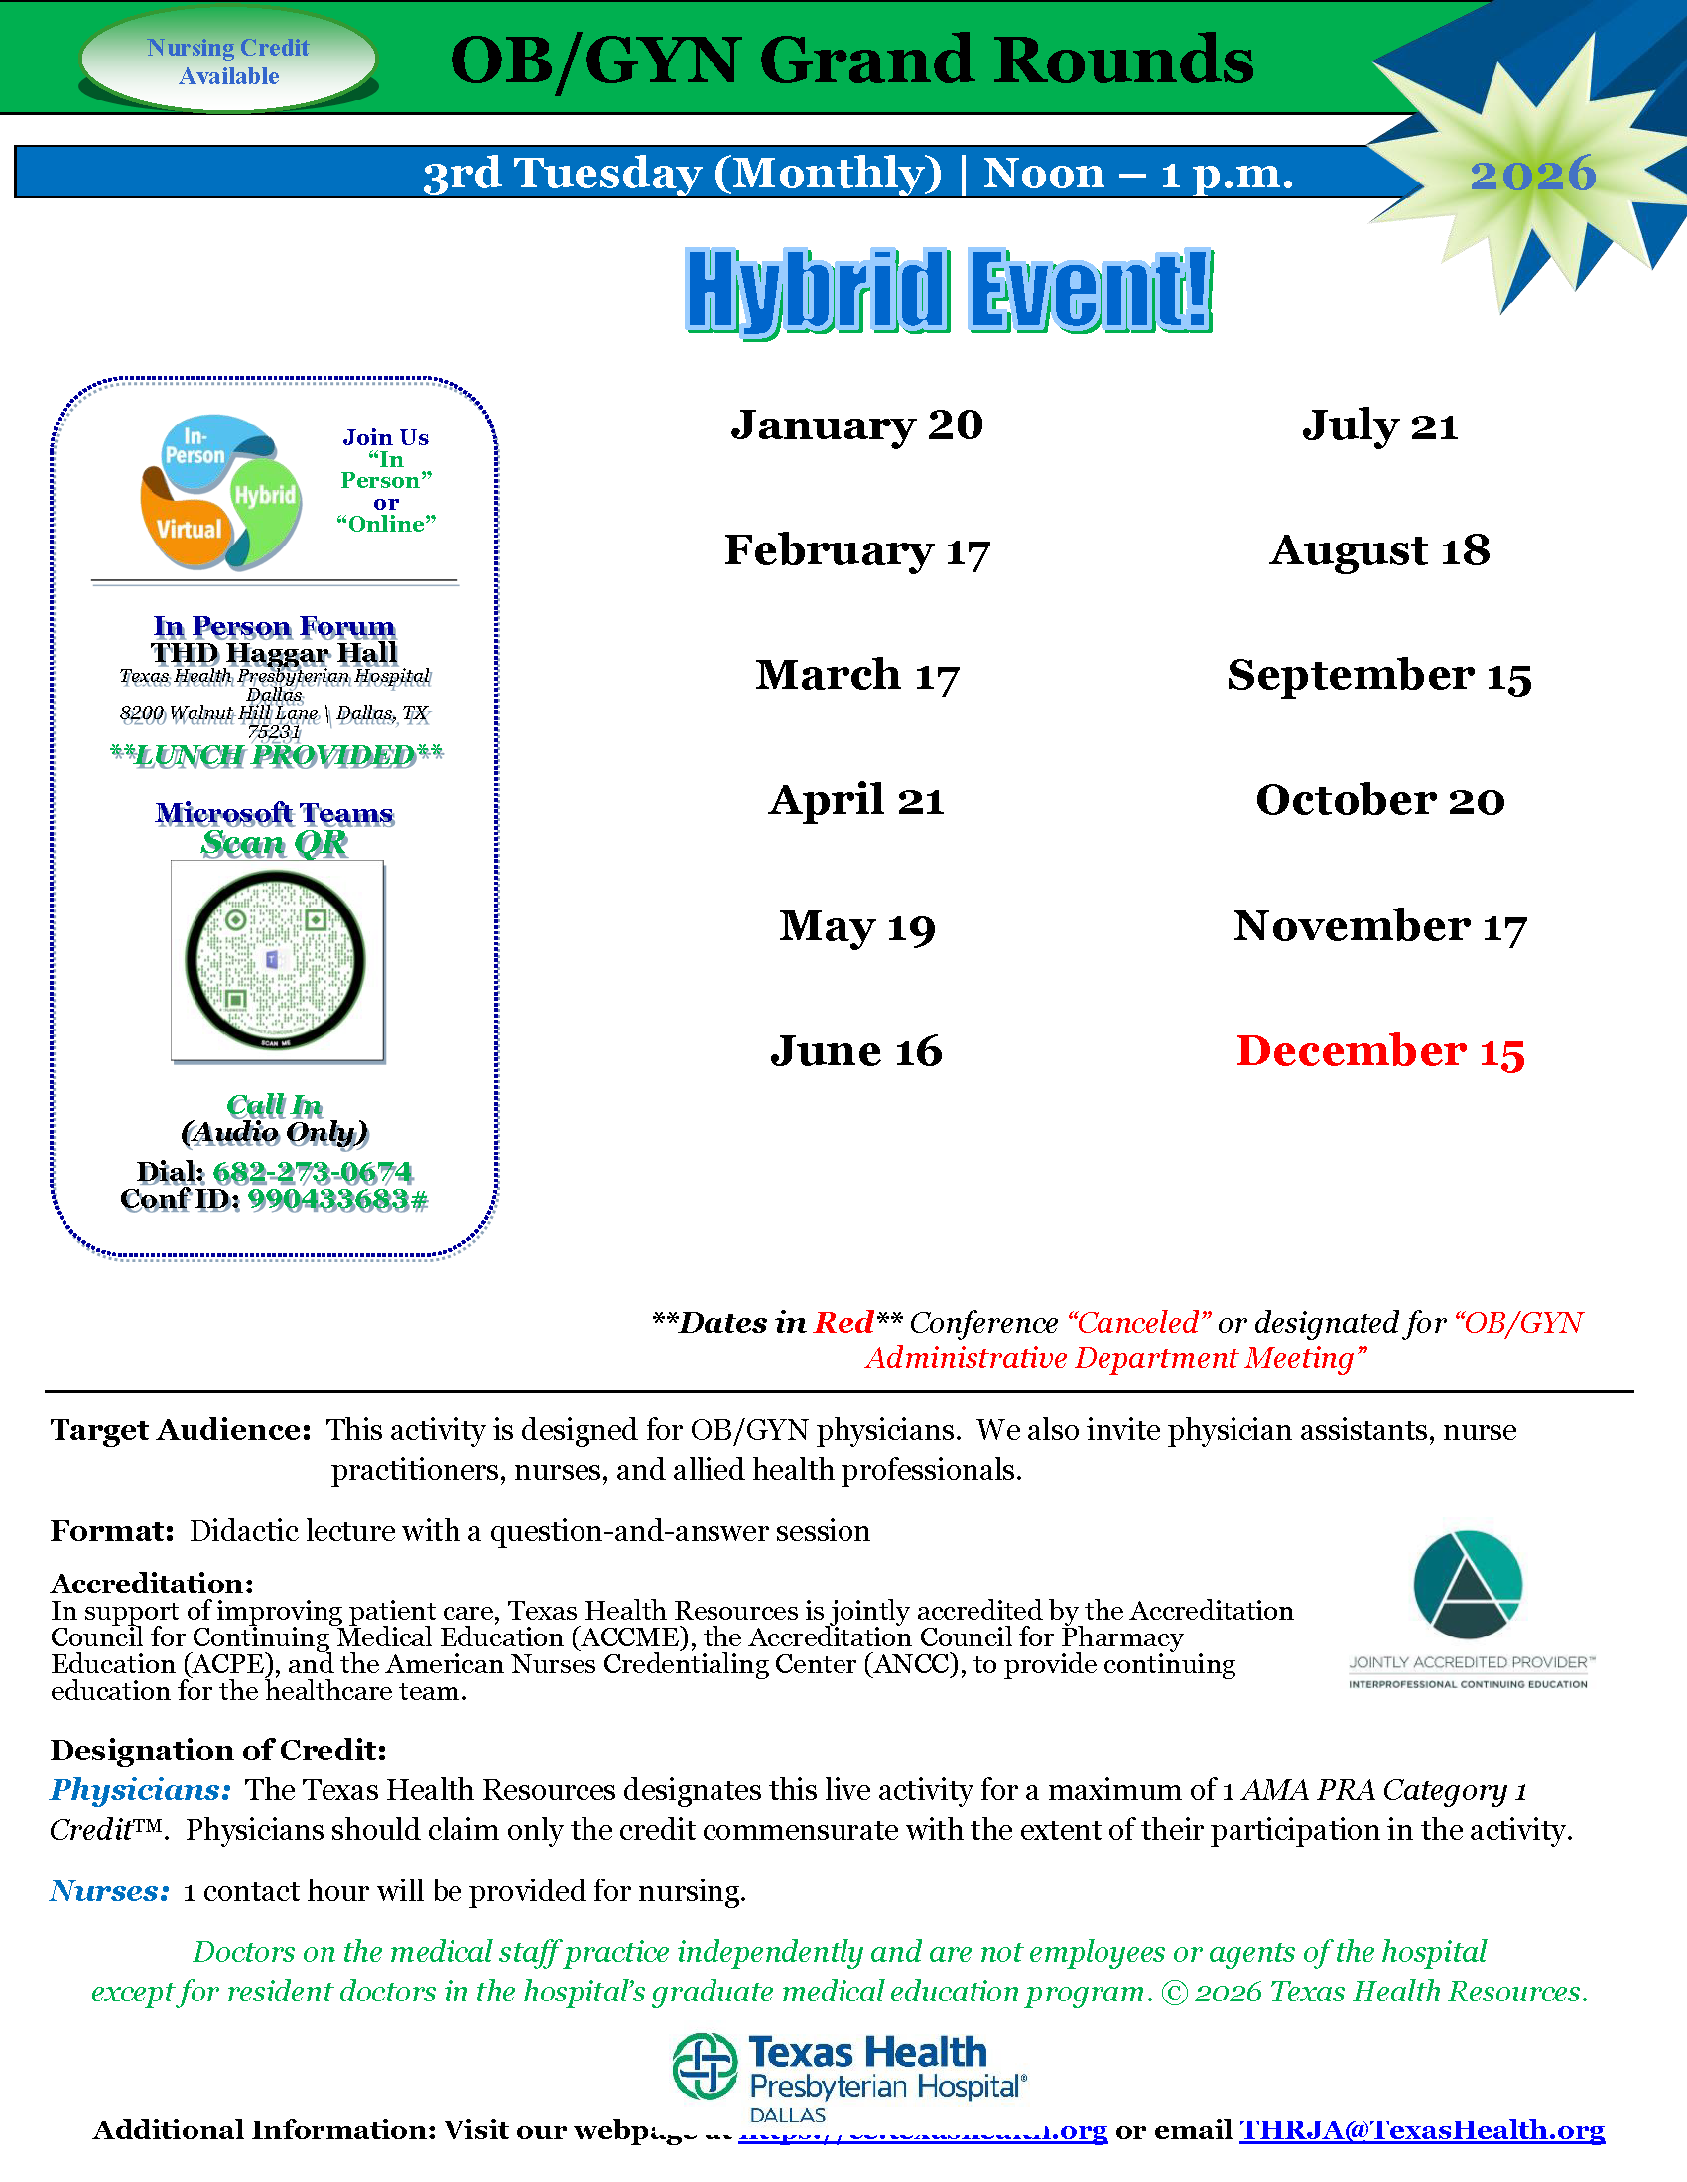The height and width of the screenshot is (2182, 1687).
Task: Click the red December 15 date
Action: (1380, 1051)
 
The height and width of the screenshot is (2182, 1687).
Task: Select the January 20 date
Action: (856, 425)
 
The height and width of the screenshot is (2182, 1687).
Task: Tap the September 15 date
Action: (1379, 675)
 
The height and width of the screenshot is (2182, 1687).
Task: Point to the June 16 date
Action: (856, 1051)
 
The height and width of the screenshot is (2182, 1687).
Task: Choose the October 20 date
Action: (1379, 800)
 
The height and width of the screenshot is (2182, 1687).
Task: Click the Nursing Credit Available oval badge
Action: (229, 61)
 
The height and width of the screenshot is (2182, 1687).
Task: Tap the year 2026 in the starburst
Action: (1532, 175)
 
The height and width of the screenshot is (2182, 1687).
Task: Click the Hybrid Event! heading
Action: (949, 291)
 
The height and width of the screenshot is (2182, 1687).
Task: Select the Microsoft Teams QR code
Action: (277, 960)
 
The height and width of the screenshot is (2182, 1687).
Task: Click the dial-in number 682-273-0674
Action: (312, 1172)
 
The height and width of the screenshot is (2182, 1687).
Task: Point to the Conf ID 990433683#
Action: (337, 1199)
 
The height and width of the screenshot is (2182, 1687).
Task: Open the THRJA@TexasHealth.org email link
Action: (1421, 2130)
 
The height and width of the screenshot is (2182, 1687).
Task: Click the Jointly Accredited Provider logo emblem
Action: (1467, 1586)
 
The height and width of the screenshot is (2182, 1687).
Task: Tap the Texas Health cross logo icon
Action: (705, 2067)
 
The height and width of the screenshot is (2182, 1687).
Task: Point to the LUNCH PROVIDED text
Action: (276, 756)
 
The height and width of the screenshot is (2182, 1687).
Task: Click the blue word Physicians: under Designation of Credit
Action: (141, 1789)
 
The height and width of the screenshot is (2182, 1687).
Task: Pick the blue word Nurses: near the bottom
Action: (110, 1890)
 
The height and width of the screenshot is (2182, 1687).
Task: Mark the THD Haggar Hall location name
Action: (275, 653)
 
